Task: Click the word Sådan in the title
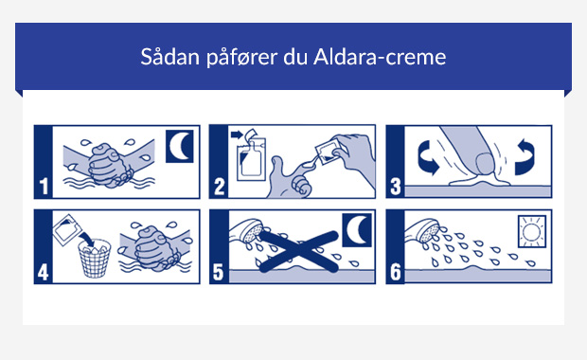pos(167,56)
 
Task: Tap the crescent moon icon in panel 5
pos(355,229)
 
